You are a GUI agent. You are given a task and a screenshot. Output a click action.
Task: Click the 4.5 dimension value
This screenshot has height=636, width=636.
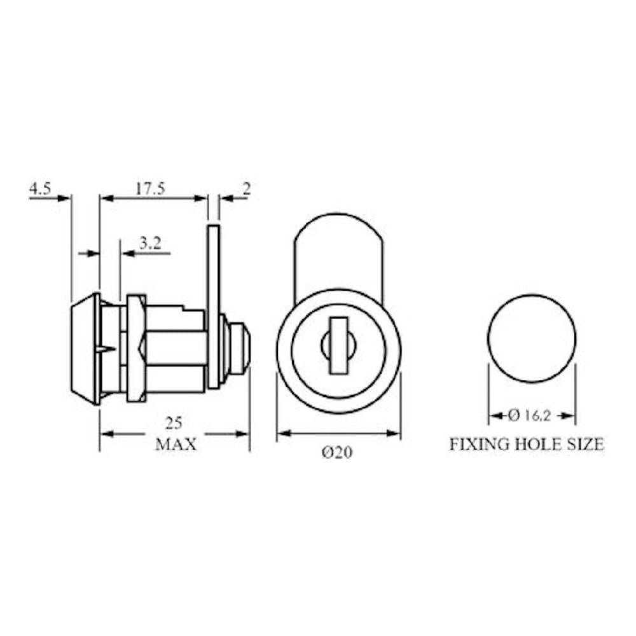point(40,189)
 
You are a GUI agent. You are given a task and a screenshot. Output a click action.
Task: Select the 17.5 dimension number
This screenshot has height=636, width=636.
point(151,189)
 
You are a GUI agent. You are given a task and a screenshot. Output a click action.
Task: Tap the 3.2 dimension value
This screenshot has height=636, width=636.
point(151,243)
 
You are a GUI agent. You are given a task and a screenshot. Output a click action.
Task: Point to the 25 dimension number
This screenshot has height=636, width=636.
point(174,424)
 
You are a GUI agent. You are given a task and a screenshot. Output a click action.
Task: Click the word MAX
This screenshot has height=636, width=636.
point(176,444)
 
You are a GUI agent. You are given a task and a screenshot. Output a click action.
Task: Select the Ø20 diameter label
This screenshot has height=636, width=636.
point(337,452)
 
